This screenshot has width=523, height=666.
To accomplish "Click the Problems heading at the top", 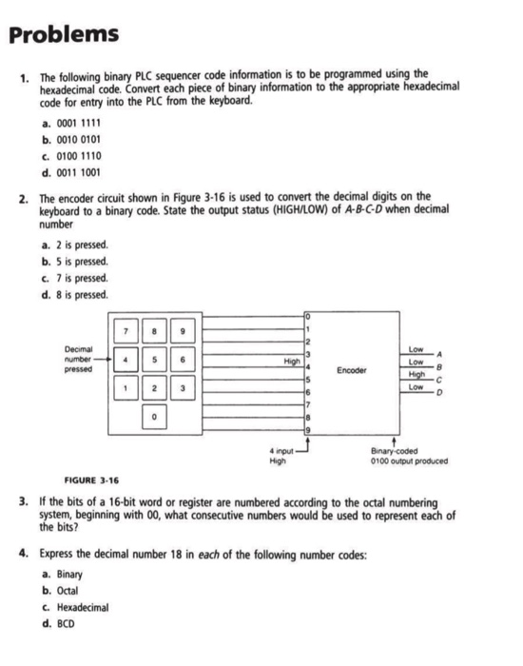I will (66, 35).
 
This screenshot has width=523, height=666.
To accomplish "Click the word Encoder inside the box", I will (353, 371).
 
